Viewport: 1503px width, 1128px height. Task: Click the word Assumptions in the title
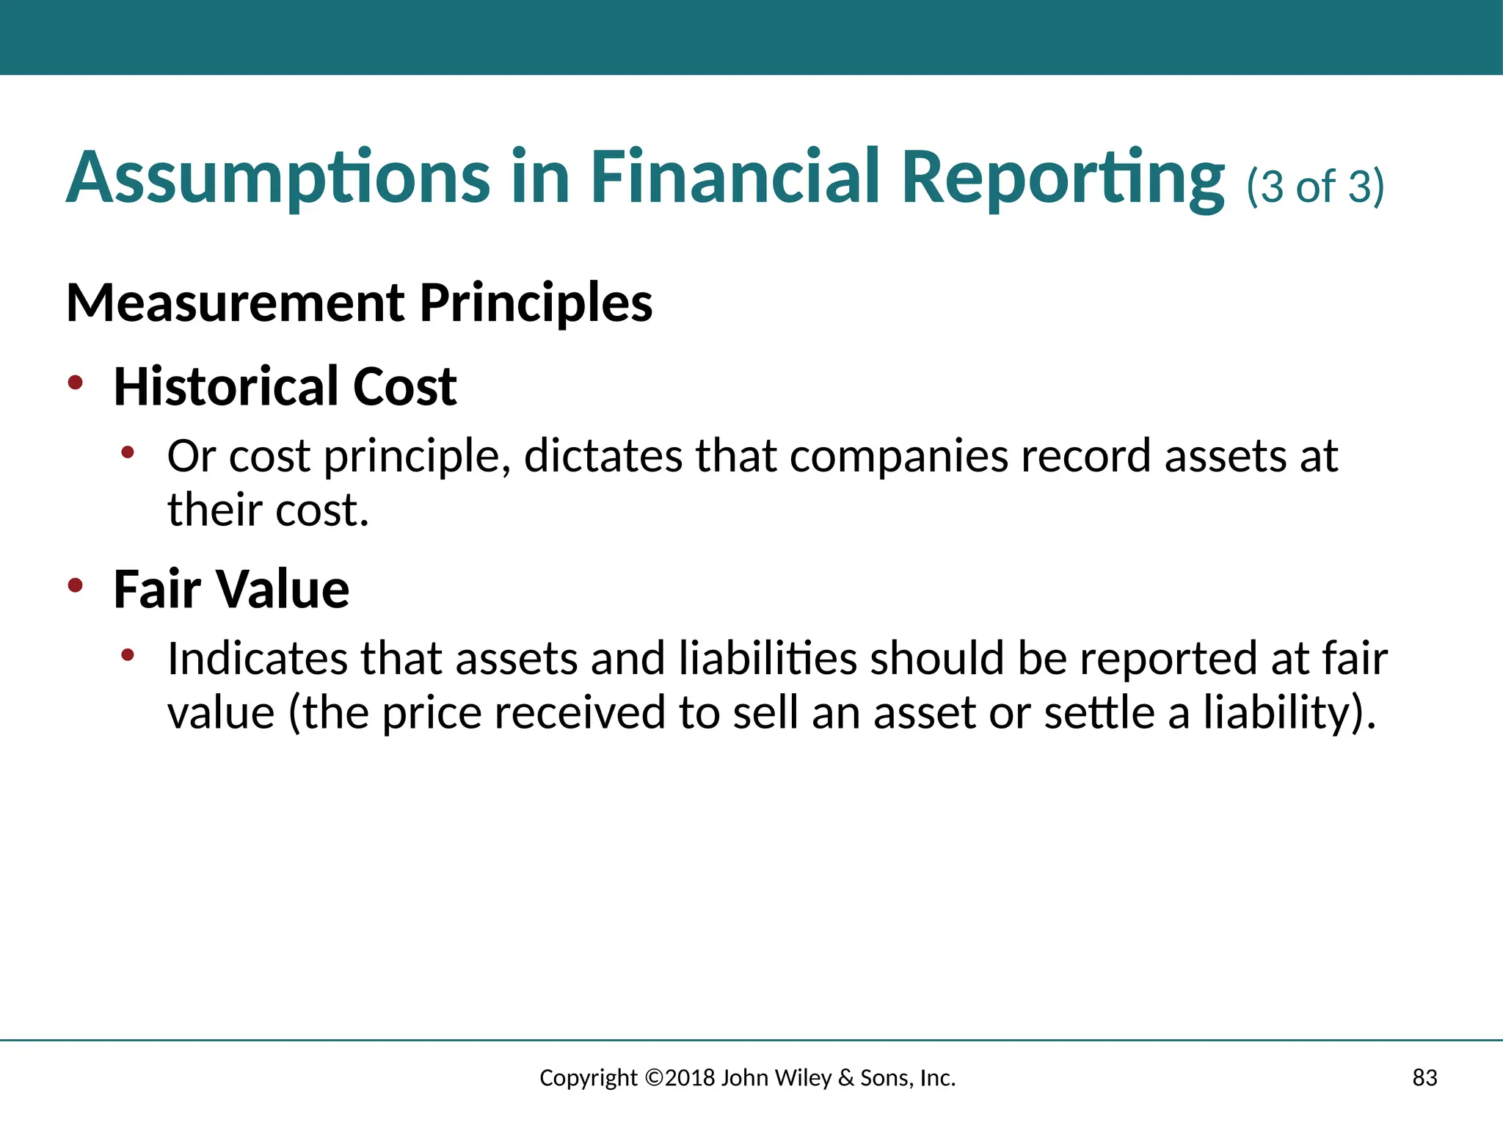click(x=277, y=178)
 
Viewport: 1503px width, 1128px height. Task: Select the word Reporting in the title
click(x=1062, y=178)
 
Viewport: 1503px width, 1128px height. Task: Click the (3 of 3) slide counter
click(x=1315, y=187)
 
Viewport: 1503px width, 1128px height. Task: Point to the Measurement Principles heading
click(x=359, y=303)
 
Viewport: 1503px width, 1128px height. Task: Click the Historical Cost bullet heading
click(x=285, y=386)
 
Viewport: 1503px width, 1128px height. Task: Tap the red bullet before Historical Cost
click(x=75, y=382)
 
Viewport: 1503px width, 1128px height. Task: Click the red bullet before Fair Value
click(x=75, y=585)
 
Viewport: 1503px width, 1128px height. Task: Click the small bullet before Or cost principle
click(x=128, y=452)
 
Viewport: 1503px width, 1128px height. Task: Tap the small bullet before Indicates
click(x=128, y=654)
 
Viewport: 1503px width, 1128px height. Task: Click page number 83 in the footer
click(x=1424, y=1077)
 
